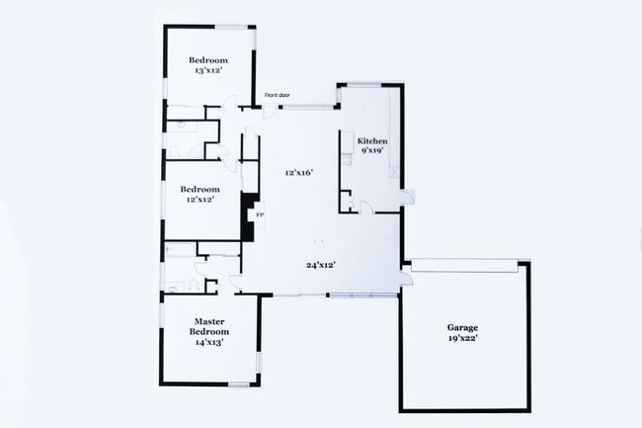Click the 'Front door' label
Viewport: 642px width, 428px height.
pyautogui.click(x=277, y=96)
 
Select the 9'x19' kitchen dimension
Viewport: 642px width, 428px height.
pyautogui.click(x=372, y=152)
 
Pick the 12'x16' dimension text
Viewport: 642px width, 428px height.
pyautogui.click(x=298, y=172)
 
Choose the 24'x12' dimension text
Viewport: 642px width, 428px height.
pyautogui.click(x=321, y=264)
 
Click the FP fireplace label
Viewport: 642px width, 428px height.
pyautogui.click(x=261, y=214)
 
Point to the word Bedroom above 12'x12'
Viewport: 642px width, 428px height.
pyautogui.click(x=199, y=188)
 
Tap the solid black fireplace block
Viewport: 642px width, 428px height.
pyautogui.click(x=249, y=214)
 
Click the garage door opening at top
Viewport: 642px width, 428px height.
pyautogui.click(x=464, y=264)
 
